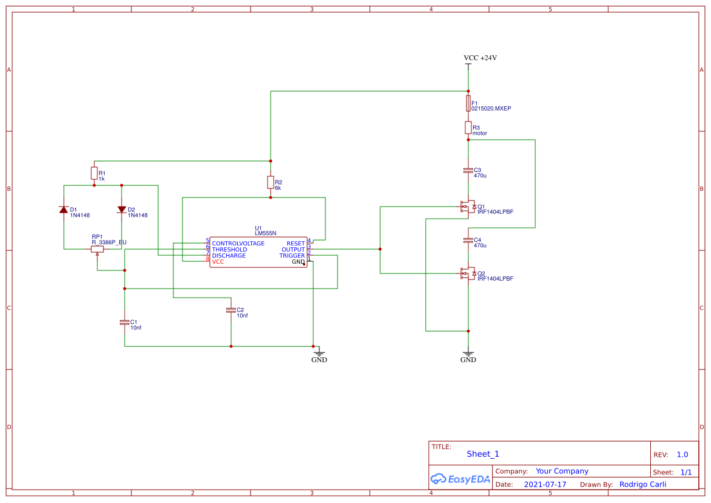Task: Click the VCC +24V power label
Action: pos(480,58)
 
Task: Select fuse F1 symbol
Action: pos(468,103)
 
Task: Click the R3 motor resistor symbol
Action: pos(468,128)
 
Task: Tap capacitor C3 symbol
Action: pos(468,171)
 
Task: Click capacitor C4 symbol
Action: pos(468,241)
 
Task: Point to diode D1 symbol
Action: pos(64,210)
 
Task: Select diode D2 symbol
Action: pos(122,210)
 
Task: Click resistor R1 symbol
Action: pos(94,173)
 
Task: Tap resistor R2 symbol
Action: pos(271,182)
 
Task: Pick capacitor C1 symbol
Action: pos(125,322)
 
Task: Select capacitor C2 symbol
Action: pos(231,310)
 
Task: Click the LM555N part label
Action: pos(265,233)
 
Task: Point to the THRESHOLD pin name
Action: pos(229,250)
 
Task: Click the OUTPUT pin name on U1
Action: pos(293,250)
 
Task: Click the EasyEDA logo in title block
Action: pos(460,479)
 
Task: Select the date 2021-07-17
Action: pos(545,485)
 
